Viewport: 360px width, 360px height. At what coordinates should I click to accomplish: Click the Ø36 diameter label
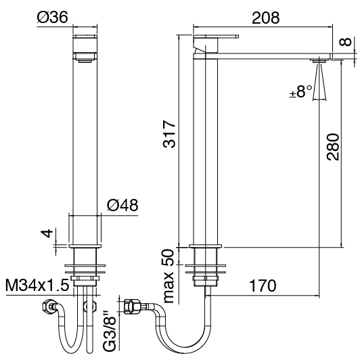53,17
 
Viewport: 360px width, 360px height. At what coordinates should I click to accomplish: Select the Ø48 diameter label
122,205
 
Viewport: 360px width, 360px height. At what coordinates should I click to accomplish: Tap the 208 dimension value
266,18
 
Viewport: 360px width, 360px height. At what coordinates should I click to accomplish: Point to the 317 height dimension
169,134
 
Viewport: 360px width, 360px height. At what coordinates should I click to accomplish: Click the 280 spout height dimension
333,147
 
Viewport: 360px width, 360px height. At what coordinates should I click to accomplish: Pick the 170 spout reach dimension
263,286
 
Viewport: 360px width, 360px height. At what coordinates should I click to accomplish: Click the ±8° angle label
301,91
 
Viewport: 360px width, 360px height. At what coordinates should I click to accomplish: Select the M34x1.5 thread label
37,285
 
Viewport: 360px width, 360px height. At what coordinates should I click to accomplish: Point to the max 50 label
169,276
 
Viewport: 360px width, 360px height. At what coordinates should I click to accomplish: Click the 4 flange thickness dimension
47,233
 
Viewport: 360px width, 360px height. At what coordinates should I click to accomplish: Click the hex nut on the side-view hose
131,307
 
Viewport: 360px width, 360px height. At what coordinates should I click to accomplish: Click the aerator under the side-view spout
319,61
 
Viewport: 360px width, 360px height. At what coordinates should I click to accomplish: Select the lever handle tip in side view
238,37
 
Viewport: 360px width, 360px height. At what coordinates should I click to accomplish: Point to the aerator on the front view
85,61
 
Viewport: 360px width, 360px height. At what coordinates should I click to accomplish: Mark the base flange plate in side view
206,246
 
